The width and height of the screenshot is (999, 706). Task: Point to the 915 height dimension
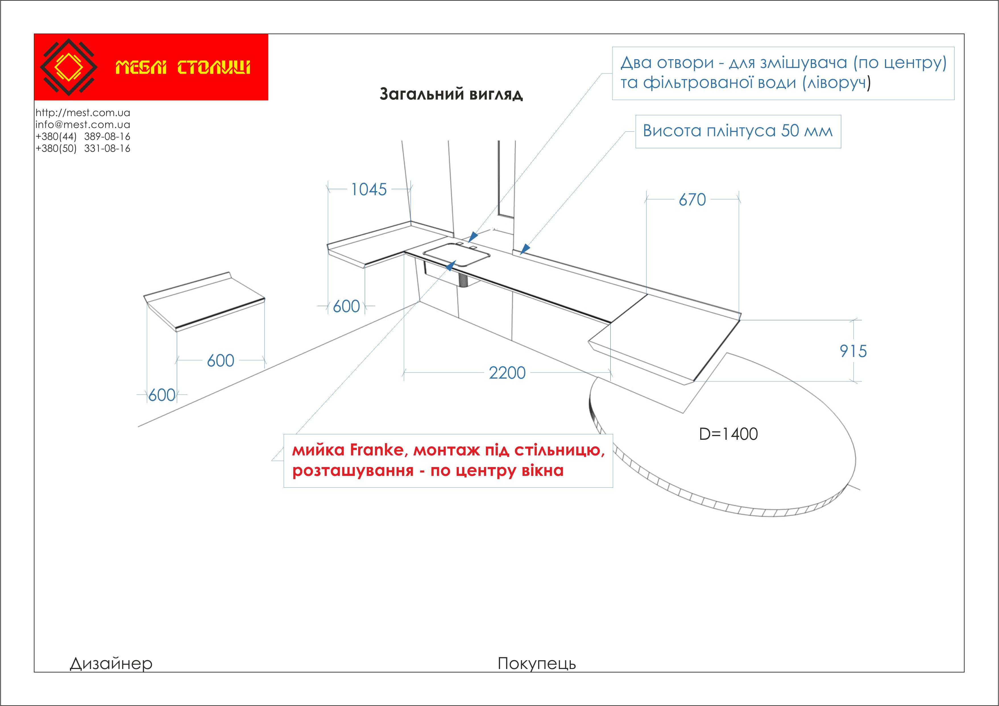853,351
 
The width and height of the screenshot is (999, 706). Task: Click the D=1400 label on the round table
728,434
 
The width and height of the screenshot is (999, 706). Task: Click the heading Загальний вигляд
451,94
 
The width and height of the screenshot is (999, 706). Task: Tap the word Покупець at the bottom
536,664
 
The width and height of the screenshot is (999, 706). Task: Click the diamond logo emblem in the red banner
68,67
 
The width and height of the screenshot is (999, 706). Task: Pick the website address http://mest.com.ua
83,113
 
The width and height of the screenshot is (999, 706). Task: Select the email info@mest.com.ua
83,125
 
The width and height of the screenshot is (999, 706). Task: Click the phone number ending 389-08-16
83,137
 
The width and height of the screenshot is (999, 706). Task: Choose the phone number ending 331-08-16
83,148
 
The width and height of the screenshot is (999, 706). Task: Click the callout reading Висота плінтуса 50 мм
738,131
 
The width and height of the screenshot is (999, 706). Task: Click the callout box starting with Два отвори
783,73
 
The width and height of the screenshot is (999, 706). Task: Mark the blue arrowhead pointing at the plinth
525,249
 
